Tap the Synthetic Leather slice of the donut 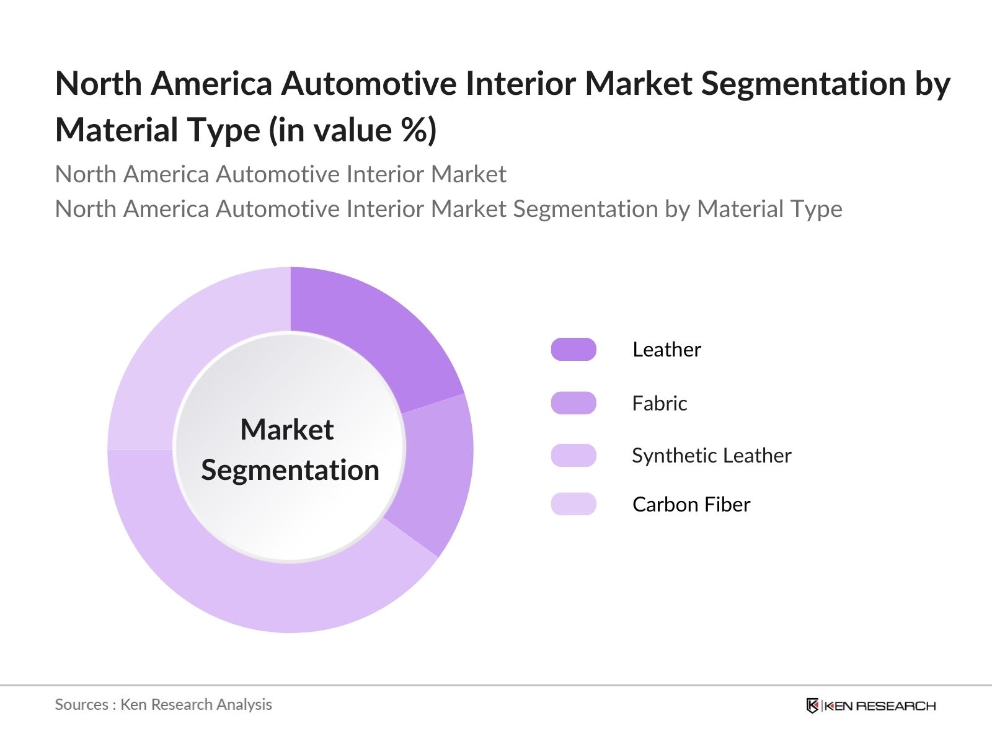tap(260, 589)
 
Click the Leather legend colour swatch tap(573, 350)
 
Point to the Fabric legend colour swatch tap(573, 403)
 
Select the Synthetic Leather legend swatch tap(573, 456)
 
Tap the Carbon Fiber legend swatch tap(573, 504)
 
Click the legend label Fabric tap(660, 404)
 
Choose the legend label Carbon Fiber tap(691, 505)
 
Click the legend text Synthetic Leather tap(712, 456)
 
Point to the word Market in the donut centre tap(287, 430)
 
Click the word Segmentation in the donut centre tap(290, 470)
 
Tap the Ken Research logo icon tap(812, 706)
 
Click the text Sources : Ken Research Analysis tap(164, 704)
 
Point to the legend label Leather tap(666, 350)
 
